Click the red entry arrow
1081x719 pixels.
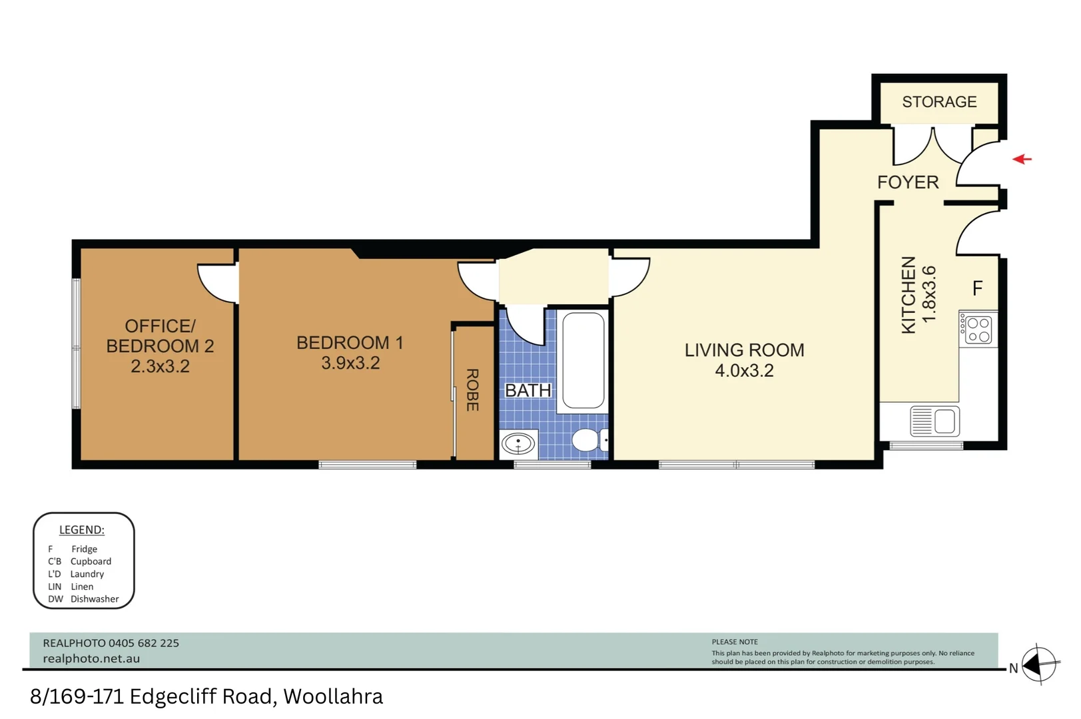[x=1022, y=159]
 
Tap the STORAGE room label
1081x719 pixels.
[x=939, y=102]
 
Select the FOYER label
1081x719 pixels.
[x=908, y=182]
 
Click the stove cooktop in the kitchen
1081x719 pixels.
[x=978, y=330]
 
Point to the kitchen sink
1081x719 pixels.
[x=934, y=421]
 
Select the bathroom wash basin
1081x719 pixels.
[x=518, y=443]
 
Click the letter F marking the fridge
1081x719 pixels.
[x=977, y=288]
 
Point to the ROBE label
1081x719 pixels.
[x=472, y=390]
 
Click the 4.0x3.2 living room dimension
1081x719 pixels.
[x=744, y=371]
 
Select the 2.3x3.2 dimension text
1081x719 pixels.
[x=160, y=367]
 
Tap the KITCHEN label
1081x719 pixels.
[x=908, y=295]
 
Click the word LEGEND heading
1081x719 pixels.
[x=81, y=529]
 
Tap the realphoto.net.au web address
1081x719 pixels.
[x=91, y=658]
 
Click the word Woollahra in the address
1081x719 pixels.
[x=333, y=696]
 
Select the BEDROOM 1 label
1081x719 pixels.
[x=350, y=343]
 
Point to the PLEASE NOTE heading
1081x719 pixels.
[x=735, y=642]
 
